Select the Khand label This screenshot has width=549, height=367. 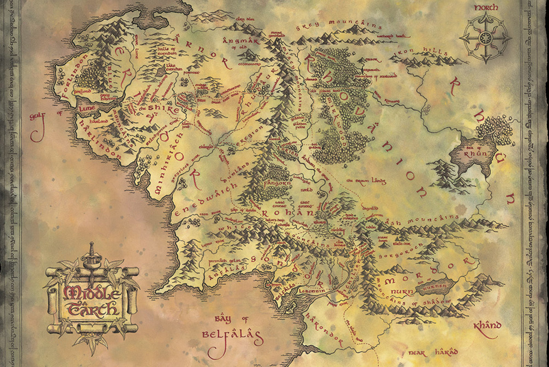coord(487,326)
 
